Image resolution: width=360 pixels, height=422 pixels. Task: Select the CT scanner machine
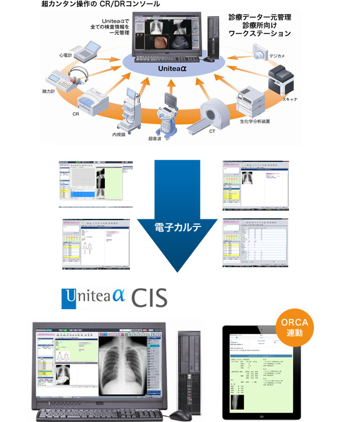pos(217,114)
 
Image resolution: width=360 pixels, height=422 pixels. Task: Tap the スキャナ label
pos(290,100)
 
